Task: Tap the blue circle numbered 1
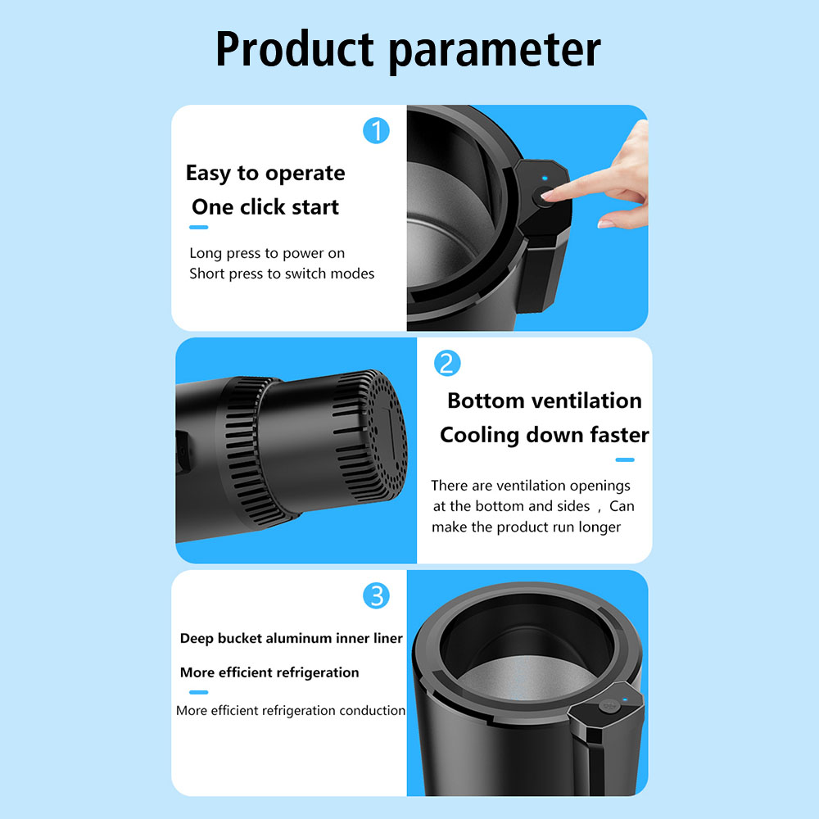(x=376, y=130)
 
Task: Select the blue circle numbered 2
(x=447, y=364)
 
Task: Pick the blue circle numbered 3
(x=376, y=596)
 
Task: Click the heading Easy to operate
(x=265, y=174)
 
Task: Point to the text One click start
(x=265, y=207)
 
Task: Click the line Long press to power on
(x=267, y=253)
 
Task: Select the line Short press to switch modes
(x=282, y=274)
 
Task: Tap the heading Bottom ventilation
(x=545, y=400)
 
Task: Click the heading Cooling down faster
(x=545, y=435)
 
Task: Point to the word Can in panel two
(x=622, y=506)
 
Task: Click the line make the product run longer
(x=526, y=527)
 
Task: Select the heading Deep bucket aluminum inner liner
(x=291, y=638)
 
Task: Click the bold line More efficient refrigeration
(x=269, y=672)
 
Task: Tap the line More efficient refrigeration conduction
(x=291, y=710)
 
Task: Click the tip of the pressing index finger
(x=545, y=196)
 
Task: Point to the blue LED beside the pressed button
(x=545, y=178)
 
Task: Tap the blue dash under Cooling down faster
(x=625, y=460)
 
